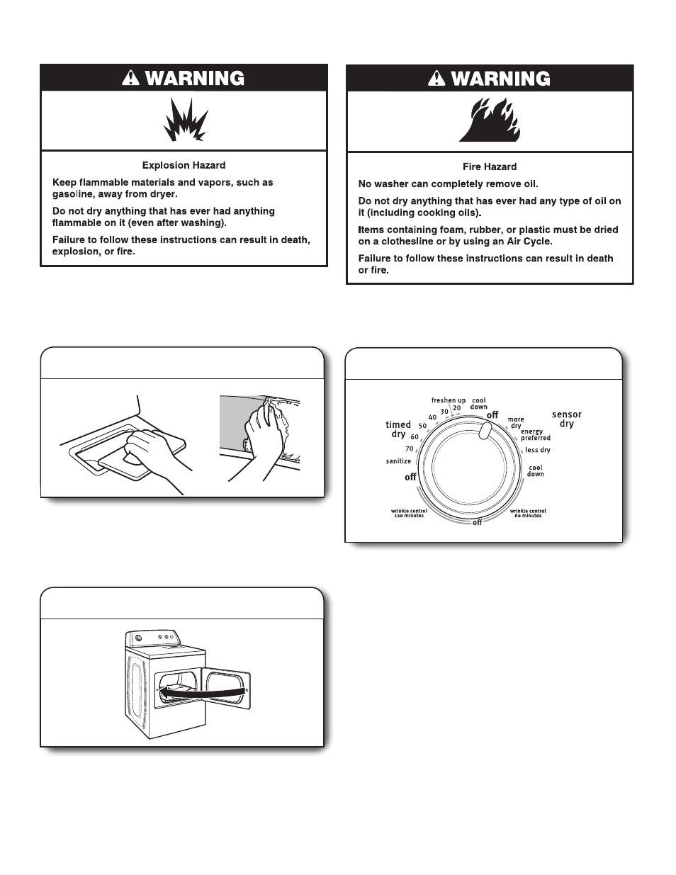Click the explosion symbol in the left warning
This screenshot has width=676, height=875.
pos(184,120)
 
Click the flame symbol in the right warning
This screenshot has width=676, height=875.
pos(489,120)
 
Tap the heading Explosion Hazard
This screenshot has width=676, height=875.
pos(184,165)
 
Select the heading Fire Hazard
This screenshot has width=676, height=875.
pos(490,166)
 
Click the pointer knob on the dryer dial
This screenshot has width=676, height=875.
pos(484,431)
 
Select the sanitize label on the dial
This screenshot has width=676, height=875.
pos(398,461)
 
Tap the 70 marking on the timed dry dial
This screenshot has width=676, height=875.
pos(410,448)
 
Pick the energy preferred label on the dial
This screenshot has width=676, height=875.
pos(535,435)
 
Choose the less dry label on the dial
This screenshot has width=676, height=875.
pos(538,450)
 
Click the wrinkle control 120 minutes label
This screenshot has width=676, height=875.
pos(407,513)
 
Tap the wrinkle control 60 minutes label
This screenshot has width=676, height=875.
pos(528,513)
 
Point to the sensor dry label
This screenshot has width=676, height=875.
pos(566,419)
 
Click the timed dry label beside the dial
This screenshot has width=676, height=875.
pos(398,429)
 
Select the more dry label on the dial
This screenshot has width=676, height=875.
pos(516,423)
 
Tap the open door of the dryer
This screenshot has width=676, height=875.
pos(227,688)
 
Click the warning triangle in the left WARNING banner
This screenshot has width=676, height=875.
pos(131,79)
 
